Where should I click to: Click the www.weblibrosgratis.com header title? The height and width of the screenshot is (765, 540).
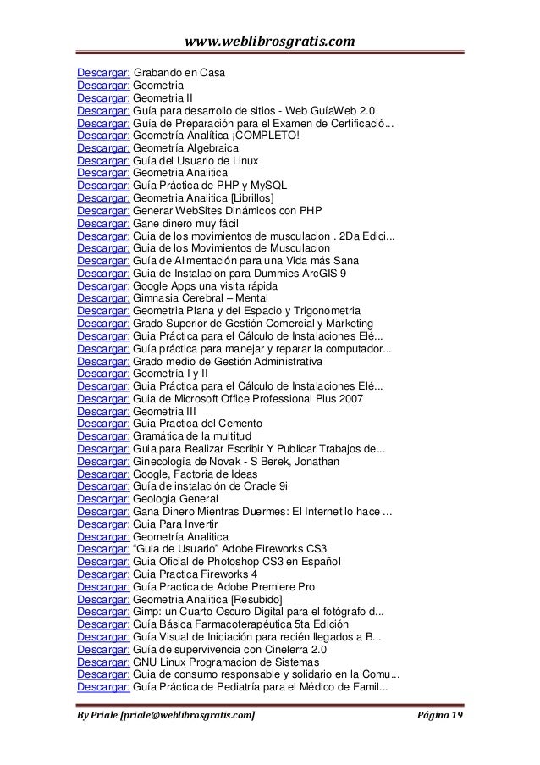269,41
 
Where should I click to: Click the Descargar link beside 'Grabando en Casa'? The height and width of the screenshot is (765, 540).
102,74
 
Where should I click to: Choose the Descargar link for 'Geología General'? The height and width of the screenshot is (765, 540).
102,498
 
